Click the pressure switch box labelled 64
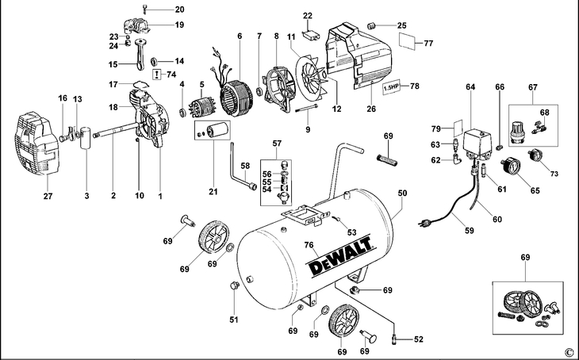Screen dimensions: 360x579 (481, 144)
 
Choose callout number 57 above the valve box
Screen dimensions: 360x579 (277, 144)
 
